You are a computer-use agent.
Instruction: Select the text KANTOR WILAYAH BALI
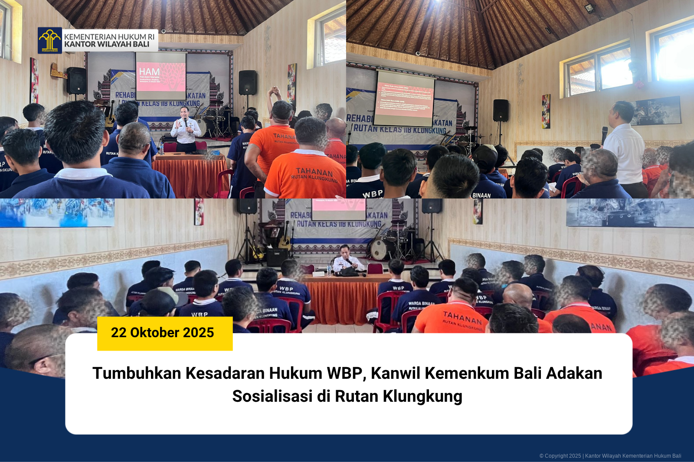coord(107,44)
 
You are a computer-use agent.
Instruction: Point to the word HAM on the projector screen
coord(149,72)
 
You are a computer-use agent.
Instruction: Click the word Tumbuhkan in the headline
coord(137,373)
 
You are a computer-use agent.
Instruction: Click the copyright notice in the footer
coord(610,455)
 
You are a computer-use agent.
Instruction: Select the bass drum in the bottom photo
coord(380,249)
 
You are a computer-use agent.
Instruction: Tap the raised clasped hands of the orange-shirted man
coord(274,91)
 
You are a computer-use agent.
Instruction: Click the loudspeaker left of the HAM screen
coord(76,81)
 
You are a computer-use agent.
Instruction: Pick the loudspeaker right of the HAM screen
coord(248,82)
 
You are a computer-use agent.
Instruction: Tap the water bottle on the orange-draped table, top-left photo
coord(162,149)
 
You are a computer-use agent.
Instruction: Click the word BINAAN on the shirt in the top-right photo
coord(481,195)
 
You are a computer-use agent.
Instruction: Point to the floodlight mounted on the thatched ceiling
coord(590,8)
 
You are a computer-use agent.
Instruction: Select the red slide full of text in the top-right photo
coord(404,99)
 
